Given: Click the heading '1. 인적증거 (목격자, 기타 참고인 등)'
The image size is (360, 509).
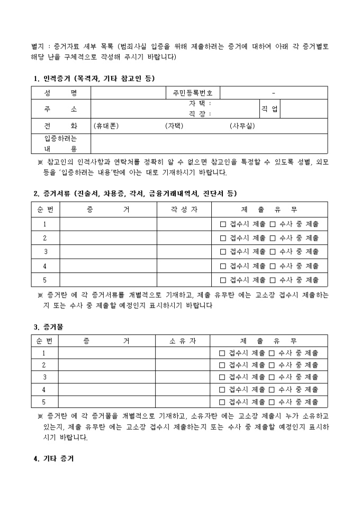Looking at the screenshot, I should (x=94, y=79).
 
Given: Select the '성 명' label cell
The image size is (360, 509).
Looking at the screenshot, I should (x=61, y=93).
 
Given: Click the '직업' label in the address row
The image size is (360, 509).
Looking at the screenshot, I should (x=269, y=109).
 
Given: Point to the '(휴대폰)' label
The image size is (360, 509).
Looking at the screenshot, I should (x=106, y=126).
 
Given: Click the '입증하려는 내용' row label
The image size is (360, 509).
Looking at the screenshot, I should (x=61, y=143).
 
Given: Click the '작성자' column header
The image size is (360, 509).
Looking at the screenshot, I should (x=184, y=210).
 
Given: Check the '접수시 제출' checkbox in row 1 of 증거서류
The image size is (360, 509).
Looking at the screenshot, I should (x=223, y=224).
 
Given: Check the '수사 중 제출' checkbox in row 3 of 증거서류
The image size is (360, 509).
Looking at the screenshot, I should (x=273, y=252).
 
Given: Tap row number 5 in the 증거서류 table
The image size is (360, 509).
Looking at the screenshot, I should (x=45, y=280).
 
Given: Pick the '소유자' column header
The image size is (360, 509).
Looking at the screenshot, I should (x=183, y=341).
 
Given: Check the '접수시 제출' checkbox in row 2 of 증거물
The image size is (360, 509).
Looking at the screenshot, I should (x=222, y=365).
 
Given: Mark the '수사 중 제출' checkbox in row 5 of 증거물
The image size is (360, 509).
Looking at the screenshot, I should (x=272, y=402).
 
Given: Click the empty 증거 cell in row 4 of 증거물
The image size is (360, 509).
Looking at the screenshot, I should (x=106, y=389).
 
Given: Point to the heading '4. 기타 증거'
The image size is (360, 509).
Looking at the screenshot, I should (x=53, y=458).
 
